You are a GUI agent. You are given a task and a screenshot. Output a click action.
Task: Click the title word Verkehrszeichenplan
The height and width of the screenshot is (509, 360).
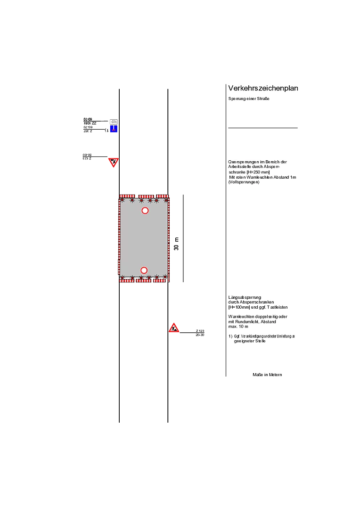[x=263, y=89]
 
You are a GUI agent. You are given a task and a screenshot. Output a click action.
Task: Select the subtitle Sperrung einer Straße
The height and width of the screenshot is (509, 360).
[x=248, y=99]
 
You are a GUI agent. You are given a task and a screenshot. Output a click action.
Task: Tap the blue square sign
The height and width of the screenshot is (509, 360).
[x=114, y=129]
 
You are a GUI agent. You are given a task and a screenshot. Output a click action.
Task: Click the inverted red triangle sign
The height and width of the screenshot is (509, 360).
[x=113, y=162]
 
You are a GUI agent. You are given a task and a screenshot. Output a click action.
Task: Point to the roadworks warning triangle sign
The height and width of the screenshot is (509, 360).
[x=174, y=328]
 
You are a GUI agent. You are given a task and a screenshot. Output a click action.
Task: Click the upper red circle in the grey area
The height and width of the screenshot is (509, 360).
[x=145, y=211]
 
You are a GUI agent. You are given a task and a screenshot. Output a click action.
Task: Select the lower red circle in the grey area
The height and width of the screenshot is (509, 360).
[x=144, y=271]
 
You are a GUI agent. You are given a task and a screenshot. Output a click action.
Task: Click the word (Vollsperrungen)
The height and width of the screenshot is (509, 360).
[x=244, y=182]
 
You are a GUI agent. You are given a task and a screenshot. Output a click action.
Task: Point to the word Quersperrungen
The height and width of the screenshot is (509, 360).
[x=243, y=162]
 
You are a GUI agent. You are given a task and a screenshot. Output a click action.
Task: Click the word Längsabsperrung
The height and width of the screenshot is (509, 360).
[x=245, y=297]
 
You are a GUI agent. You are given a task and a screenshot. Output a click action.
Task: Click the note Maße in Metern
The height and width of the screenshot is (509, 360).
[x=267, y=375]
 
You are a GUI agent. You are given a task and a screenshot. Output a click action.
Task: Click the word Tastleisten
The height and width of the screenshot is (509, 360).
[x=277, y=307]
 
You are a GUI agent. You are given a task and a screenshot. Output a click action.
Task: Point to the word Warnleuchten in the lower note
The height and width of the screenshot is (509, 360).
[x=242, y=317]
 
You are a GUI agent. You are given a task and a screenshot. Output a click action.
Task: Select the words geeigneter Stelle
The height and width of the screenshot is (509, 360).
[x=250, y=341]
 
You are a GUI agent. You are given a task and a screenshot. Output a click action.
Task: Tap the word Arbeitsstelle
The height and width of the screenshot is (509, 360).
[x=243, y=167]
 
